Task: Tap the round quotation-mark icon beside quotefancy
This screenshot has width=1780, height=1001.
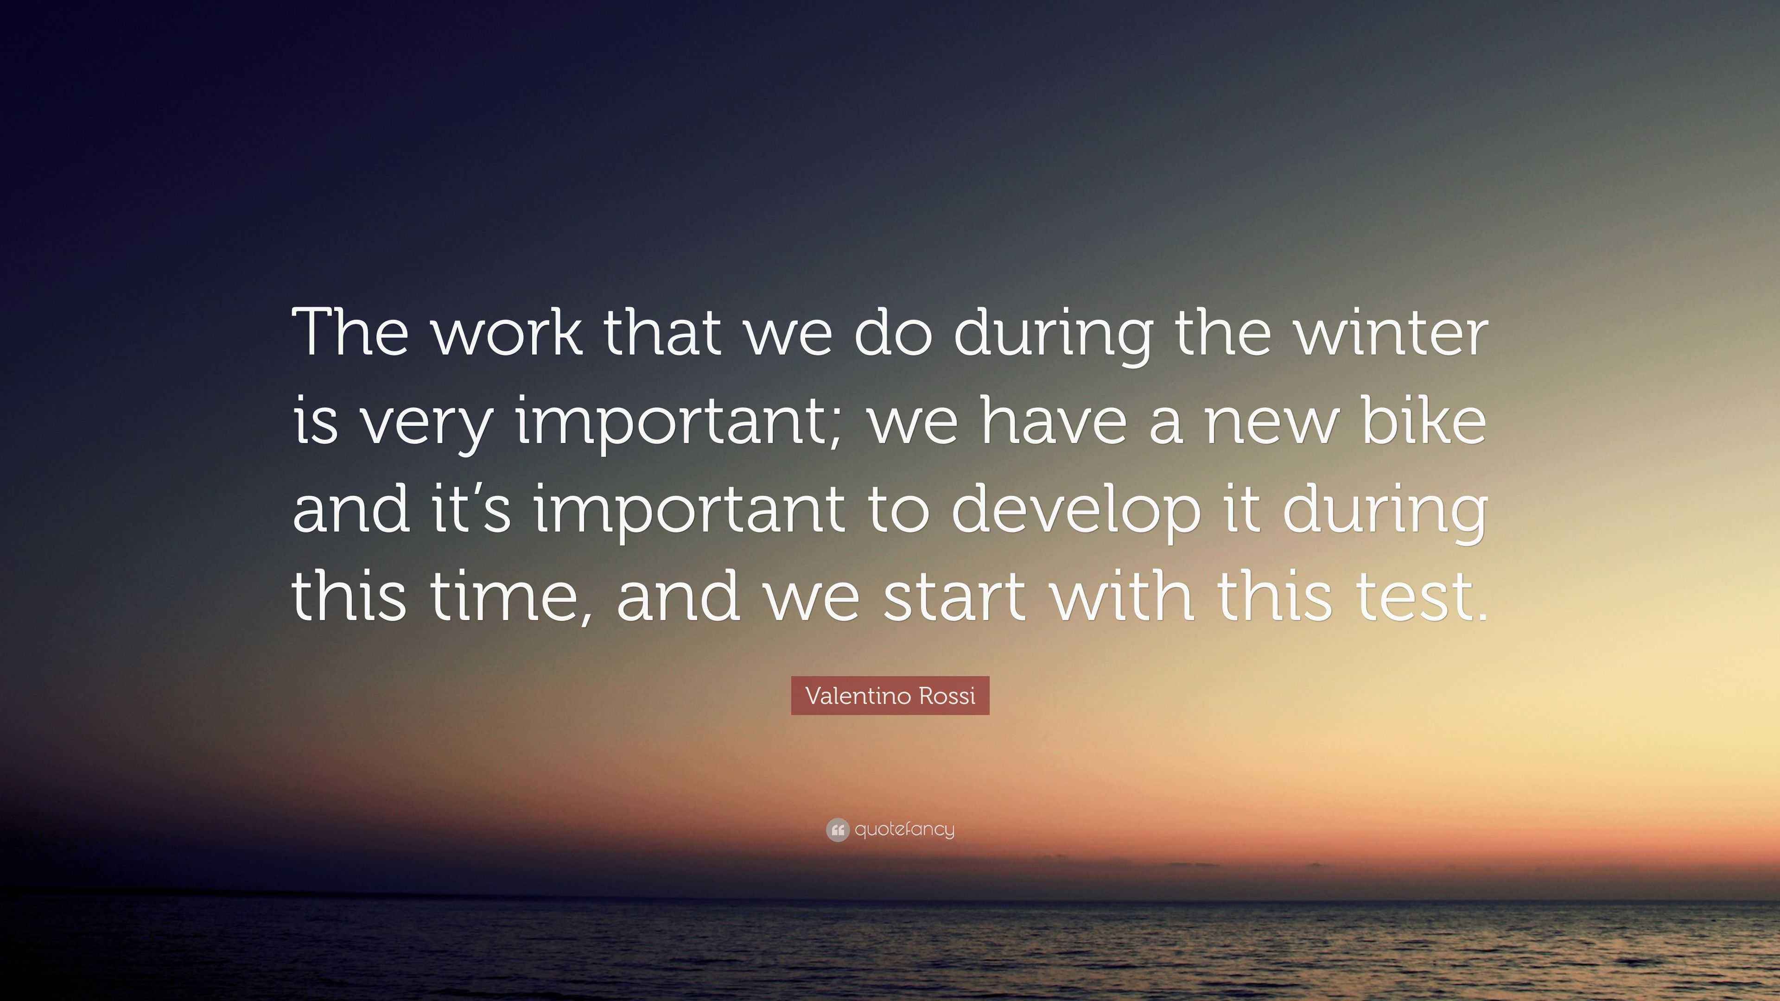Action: (838, 830)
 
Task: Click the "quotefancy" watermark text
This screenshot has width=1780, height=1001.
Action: (904, 830)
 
